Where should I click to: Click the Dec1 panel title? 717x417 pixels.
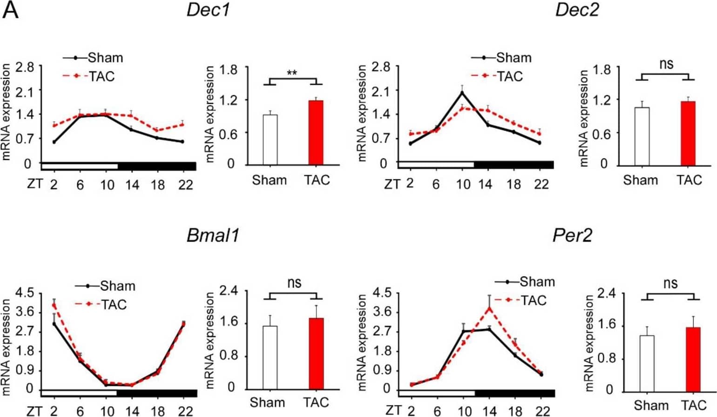coord(208,10)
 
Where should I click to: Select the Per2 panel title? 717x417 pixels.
coord(572,235)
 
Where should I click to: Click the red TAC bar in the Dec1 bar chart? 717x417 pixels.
coord(316,133)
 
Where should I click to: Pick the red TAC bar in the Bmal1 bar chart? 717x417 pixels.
coord(316,354)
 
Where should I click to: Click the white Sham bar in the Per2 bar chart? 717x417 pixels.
coord(647,363)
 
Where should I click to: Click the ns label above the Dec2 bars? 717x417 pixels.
coord(666,64)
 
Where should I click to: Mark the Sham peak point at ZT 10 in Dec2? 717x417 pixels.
coord(462,93)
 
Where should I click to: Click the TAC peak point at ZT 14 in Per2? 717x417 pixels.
coord(489,308)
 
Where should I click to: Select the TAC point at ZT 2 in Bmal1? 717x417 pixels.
coord(54,305)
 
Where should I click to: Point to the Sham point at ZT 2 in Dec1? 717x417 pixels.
coord(54,142)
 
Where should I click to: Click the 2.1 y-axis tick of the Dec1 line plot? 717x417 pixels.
coord(24,92)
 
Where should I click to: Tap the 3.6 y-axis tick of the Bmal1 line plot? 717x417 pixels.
coord(24,312)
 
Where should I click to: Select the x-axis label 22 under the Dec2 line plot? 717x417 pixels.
coord(541,184)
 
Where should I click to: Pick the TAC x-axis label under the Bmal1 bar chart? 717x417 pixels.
coord(316,402)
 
